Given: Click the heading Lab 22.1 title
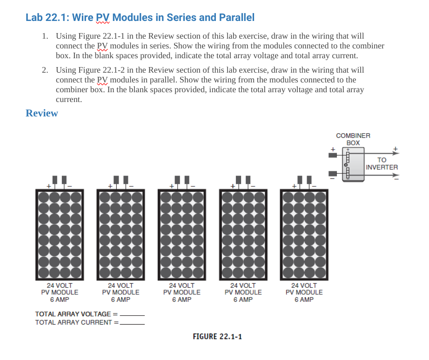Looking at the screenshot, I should [140, 18].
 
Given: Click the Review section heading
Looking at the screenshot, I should [42, 113].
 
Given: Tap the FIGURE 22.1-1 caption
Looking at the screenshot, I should [217, 336].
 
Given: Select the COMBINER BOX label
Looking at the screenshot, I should [353, 139].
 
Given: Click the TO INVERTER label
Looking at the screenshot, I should [382, 163].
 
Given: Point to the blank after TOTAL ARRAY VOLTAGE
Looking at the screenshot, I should [132, 314].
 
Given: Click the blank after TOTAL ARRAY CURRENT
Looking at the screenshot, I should [132, 323].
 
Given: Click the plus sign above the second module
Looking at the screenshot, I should [109, 186].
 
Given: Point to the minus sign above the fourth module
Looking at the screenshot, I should [253, 186].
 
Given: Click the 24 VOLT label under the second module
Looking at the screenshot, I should [121, 285].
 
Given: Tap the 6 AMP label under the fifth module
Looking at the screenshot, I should [304, 299].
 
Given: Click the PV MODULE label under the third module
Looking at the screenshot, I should [182, 292].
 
